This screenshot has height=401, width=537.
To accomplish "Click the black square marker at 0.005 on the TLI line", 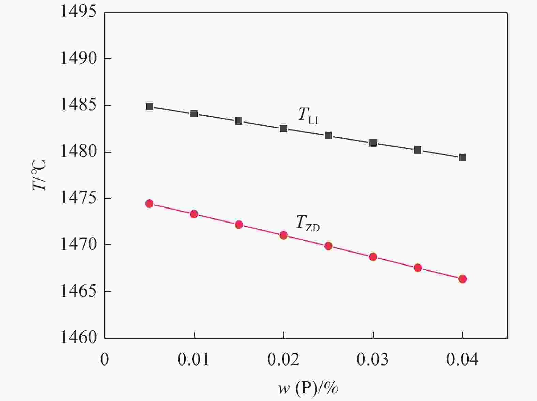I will point(149,106).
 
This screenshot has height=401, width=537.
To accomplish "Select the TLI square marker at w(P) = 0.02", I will point(283,129).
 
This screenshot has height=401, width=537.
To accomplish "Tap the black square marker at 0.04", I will point(462,157).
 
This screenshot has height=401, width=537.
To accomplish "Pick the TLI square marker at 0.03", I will point(373,143).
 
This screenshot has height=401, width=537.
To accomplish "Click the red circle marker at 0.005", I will point(149,204).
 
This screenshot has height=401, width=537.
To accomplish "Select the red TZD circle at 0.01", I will point(194,214).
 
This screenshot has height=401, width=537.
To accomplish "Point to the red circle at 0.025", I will point(328,246).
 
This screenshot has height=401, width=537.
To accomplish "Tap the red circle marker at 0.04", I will point(462,279).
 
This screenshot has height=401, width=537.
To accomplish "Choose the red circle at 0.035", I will point(418,268).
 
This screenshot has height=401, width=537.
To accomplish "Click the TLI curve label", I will point(308,115).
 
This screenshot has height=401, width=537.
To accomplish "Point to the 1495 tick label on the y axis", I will point(78,13).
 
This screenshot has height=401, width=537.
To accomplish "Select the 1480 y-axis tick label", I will point(78,152).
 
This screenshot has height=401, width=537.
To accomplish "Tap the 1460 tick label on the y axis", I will point(78,338).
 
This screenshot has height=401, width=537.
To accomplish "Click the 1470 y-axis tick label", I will point(78,245).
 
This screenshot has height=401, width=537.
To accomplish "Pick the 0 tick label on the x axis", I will point(105,360).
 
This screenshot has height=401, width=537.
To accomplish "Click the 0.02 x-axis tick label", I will point(283,360).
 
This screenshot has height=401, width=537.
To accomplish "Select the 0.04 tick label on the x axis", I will point(462,360).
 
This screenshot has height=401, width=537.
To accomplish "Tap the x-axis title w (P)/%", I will point(308,388).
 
